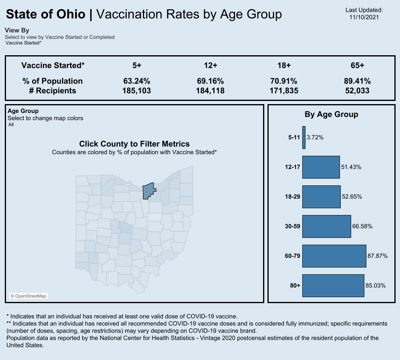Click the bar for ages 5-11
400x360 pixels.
304,137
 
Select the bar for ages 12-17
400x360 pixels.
321,167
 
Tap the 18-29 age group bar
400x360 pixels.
321,197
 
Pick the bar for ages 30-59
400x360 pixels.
326,226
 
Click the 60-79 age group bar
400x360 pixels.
334,256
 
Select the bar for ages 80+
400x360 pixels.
333,286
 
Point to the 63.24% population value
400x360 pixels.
137,81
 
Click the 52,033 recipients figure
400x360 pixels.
357,91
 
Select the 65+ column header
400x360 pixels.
357,65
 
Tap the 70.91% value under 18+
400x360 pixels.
284,81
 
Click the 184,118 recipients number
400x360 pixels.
210,91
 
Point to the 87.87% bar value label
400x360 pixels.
377,256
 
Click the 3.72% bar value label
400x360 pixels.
315,137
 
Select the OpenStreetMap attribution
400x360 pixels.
28,296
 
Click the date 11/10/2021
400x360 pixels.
364,17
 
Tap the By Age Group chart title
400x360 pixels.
331,114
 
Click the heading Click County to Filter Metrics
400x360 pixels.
134,144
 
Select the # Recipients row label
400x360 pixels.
52,91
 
